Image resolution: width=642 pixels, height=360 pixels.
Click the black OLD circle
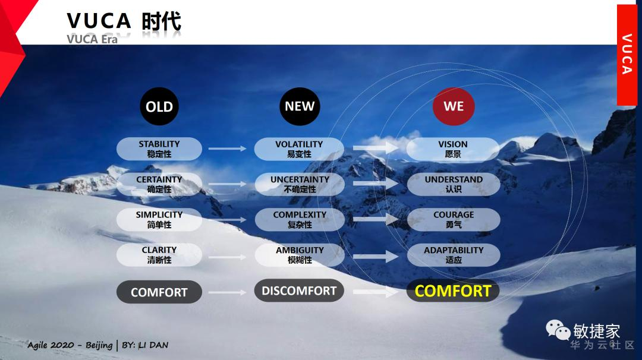tap(159, 106)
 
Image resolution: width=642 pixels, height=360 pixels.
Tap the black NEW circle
tap(300, 106)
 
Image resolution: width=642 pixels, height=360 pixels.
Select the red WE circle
tap(454, 106)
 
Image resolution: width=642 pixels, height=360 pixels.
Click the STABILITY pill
tap(159, 149)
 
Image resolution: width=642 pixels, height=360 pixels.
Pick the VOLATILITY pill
tap(299, 149)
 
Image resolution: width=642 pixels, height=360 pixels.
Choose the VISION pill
tap(453, 149)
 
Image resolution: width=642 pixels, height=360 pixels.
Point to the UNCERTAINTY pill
tap(300, 184)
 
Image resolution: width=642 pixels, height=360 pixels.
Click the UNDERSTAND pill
tap(454, 184)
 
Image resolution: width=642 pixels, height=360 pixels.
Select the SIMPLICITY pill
tap(159, 220)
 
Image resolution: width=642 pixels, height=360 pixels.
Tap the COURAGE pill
tap(454, 220)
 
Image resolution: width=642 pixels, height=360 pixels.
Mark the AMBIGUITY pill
tap(300, 255)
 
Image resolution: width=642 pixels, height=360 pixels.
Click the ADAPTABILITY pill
tap(454, 255)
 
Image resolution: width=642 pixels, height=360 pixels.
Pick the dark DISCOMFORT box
tap(299, 290)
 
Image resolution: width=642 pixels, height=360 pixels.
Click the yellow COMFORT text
tap(453, 291)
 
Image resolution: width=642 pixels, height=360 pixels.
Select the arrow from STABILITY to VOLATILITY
tap(228, 149)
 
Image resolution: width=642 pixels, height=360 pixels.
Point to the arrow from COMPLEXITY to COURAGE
tap(376, 220)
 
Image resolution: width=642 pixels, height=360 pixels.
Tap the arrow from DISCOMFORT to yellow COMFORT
tap(376, 292)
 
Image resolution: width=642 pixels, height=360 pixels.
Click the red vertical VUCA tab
tap(627, 55)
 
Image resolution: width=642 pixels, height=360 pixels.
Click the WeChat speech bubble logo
tap(558, 330)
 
